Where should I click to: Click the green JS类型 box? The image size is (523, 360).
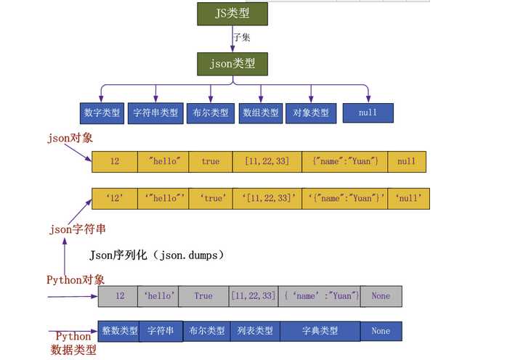point(232,14)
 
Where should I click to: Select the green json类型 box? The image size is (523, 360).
point(232,63)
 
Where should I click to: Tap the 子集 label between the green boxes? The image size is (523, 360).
point(242,37)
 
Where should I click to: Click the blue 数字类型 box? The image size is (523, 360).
point(102,113)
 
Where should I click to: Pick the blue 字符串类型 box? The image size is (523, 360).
point(155,113)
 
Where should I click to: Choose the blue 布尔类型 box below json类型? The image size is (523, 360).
point(210,113)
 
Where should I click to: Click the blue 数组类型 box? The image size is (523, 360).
point(260,113)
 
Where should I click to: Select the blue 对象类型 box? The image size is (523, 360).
point(311,113)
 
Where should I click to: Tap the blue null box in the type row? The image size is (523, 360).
point(368,113)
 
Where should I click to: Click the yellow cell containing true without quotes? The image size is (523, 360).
point(210,162)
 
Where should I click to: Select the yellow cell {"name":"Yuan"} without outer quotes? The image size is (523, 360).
point(344,162)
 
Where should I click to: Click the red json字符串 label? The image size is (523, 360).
point(77,229)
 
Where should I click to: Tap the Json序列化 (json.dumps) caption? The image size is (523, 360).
point(157,255)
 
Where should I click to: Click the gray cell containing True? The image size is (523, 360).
point(203,296)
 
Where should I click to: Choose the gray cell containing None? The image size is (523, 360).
point(381,296)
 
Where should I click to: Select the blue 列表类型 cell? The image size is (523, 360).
point(255,331)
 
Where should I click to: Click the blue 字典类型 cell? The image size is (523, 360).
point(320,331)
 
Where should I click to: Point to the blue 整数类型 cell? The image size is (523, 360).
point(119,331)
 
